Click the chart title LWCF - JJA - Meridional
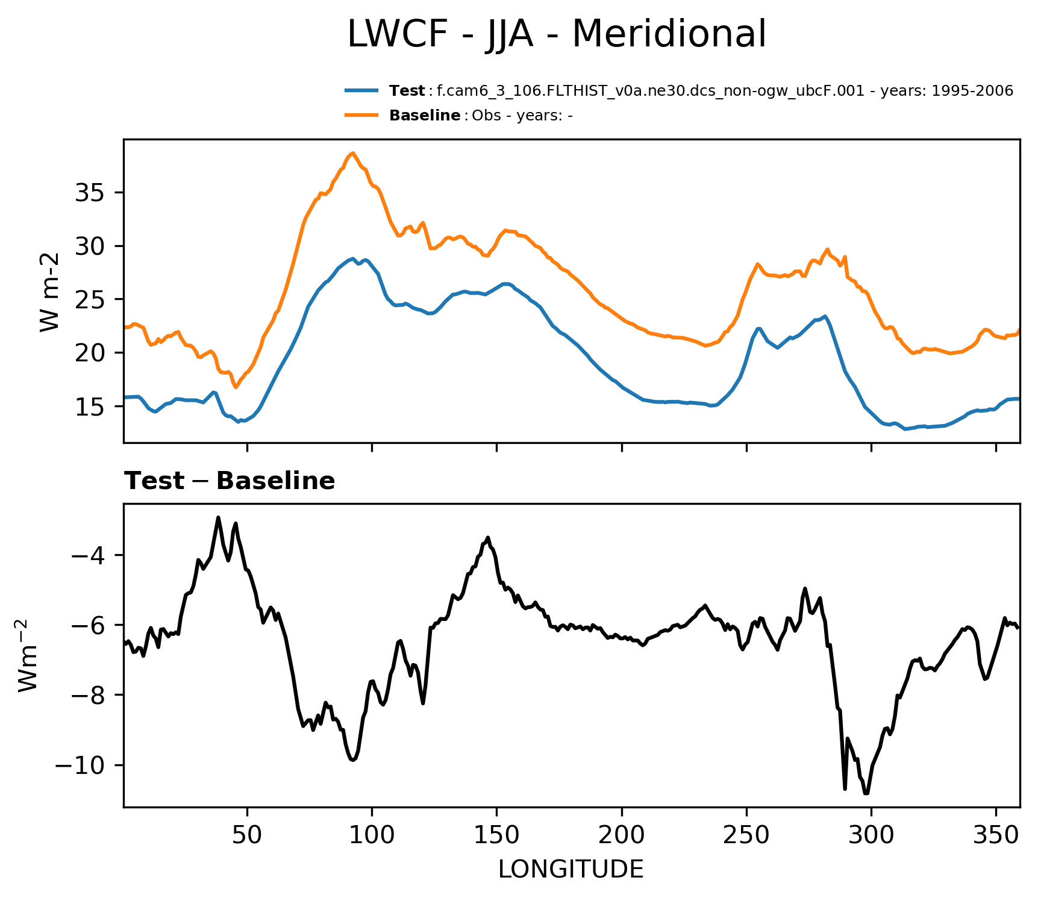click(557, 34)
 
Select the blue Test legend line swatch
click(361, 91)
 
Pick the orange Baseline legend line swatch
click(361, 115)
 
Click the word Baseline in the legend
click(425, 116)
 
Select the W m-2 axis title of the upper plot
click(50, 292)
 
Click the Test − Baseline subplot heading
click(230, 481)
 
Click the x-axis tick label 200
click(622, 835)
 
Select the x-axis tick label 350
click(996, 835)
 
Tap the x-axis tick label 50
click(247, 835)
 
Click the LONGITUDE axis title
click(571, 869)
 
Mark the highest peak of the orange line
click(353, 153)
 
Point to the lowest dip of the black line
click(866, 794)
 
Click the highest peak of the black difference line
click(218, 517)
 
